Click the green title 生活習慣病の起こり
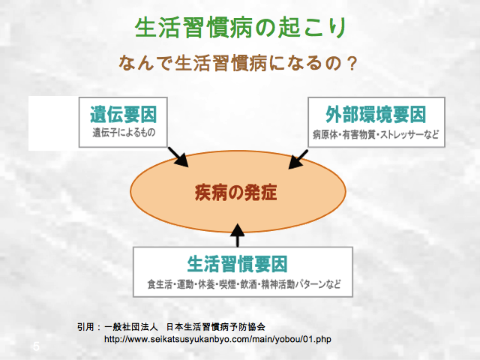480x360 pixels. pos(241,28)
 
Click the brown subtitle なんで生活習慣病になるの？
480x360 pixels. pos(238,63)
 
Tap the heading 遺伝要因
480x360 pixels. pos(123,114)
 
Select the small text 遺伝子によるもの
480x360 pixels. pos(124,133)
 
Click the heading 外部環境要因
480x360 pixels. pos(376,114)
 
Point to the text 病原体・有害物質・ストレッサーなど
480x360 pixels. pos(376,134)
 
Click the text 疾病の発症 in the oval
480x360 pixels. pos(236,193)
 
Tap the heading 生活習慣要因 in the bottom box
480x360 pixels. pos(237,264)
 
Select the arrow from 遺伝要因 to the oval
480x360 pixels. pos(178,157)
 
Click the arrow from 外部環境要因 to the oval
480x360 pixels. pos(298,159)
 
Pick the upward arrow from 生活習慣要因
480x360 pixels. pos(237,235)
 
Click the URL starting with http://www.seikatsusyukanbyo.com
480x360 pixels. pos(217,339)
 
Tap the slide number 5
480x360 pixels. pos(36,346)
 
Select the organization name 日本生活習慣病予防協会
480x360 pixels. pos(216,327)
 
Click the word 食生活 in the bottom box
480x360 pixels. pos(160,284)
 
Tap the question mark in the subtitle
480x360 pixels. pos(352,63)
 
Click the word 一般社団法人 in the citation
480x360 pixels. pos(131,327)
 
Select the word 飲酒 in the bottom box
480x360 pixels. pos(248,284)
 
